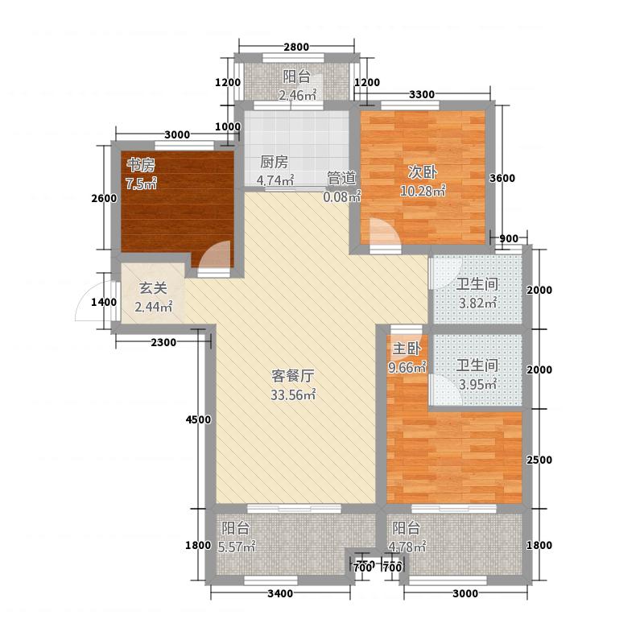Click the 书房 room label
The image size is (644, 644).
[x=141, y=166]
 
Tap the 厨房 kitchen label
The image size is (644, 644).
[x=274, y=162]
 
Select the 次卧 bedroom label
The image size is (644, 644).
[x=422, y=172]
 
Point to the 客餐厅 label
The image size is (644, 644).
[x=293, y=375]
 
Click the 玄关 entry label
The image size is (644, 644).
[x=153, y=288]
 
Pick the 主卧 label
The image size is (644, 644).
[x=407, y=349]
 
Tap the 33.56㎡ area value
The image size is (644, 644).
[x=293, y=394]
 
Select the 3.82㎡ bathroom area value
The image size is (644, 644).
[x=477, y=303]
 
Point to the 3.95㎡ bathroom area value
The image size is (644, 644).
[x=477, y=385]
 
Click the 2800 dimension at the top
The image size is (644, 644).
[x=296, y=47]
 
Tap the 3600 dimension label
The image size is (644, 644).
[x=502, y=178]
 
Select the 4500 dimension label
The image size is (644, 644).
[x=198, y=419]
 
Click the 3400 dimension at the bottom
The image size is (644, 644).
[x=280, y=593]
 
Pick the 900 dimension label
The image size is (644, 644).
[x=509, y=238]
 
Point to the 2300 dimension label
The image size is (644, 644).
[x=163, y=342]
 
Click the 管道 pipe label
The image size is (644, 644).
[x=341, y=178]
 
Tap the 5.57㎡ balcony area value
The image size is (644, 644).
[x=237, y=547]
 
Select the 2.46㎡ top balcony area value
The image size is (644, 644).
[x=297, y=95]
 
